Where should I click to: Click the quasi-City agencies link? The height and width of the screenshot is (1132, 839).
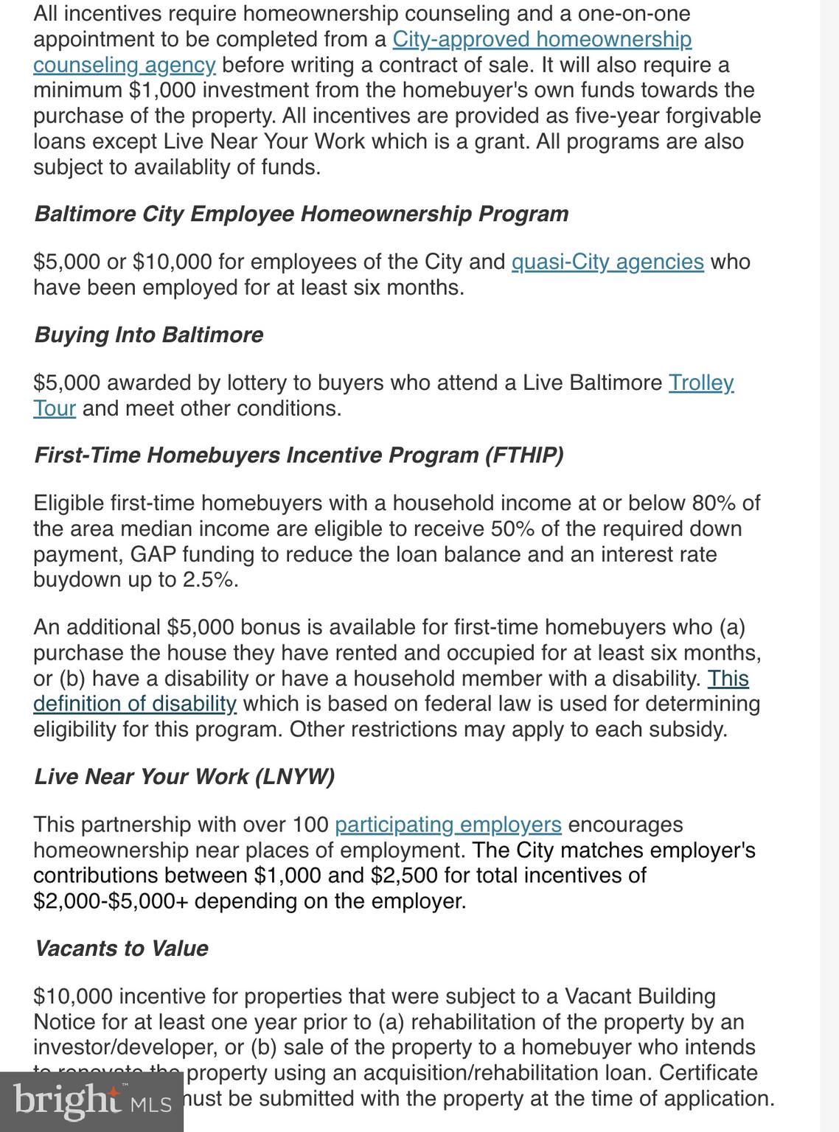pyautogui.click(x=608, y=262)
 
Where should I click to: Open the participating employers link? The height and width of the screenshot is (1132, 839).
pyautogui.click(x=448, y=824)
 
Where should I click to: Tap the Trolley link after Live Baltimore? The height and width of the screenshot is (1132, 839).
pyautogui.click(x=700, y=382)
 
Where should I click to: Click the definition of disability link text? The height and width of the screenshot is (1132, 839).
pyautogui.click(x=135, y=703)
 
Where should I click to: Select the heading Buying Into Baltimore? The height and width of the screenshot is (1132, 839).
pyautogui.click(x=149, y=335)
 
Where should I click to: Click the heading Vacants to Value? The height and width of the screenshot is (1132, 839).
pyautogui.click(x=122, y=948)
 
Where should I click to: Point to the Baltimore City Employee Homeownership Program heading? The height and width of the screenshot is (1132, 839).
pyautogui.click(x=302, y=214)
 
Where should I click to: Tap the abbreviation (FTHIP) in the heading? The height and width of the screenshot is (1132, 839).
pyautogui.click(x=524, y=455)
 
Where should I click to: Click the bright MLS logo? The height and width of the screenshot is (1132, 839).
pyautogui.click(x=91, y=1102)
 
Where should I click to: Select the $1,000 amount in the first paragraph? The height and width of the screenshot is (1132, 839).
pyautogui.click(x=162, y=90)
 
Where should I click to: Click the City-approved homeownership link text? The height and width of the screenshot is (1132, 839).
pyautogui.click(x=542, y=39)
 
